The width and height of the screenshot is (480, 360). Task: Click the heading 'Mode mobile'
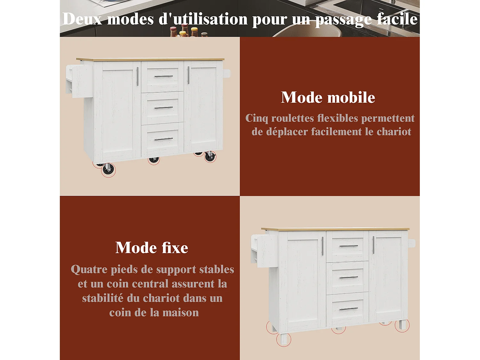328,97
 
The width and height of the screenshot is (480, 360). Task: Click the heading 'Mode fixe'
152,248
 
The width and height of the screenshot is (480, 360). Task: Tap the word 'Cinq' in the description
257,118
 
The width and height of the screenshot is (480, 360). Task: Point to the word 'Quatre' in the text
89,269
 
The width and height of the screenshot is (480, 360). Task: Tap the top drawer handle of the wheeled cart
164,76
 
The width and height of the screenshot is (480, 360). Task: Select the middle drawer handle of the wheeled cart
164,108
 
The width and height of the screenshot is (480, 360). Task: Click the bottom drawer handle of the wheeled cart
164,139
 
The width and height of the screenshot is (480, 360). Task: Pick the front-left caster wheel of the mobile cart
108,170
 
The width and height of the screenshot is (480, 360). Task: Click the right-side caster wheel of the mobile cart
210,157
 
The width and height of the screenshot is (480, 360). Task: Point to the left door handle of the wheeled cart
138,76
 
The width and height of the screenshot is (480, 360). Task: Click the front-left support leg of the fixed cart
284,339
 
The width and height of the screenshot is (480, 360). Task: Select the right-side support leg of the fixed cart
402,325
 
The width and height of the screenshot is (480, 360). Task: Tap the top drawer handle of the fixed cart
348,246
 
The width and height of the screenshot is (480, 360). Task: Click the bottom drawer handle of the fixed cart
348,309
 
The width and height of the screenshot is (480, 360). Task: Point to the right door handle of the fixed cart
373,245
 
